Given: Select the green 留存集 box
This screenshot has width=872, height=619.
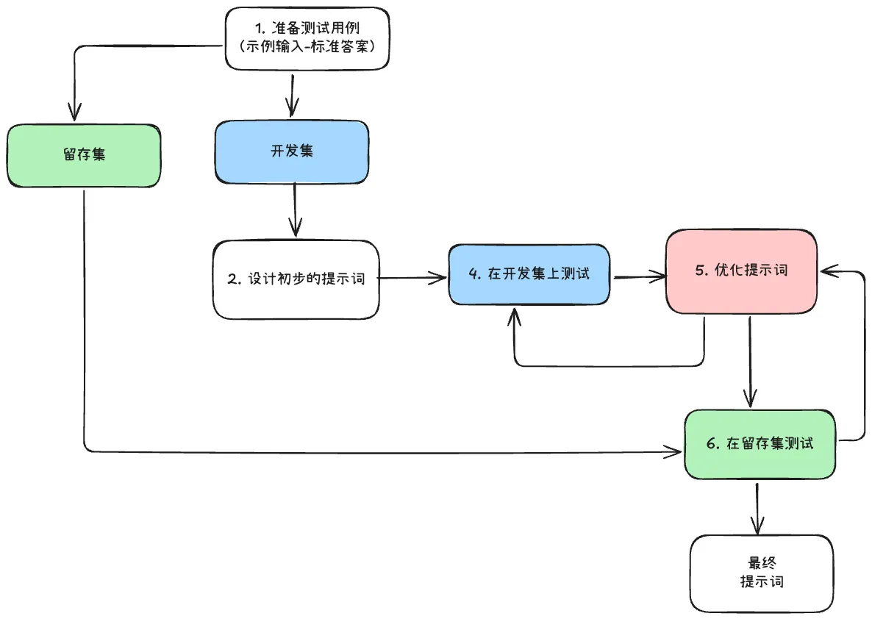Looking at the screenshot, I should tap(83, 155).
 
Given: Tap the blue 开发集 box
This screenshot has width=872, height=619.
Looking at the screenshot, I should tap(292, 151).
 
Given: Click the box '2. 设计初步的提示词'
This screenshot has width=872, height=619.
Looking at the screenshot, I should tap(296, 279).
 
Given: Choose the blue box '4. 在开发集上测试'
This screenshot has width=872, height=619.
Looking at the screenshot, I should tap(529, 273).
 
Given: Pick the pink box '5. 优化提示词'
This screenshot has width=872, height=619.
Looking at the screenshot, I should tap(741, 271).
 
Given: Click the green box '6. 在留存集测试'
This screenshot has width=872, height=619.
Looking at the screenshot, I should tap(760, 444).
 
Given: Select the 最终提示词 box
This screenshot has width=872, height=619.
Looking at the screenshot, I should tap(762, 573).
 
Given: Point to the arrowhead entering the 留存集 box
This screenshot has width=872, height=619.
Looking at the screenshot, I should tap(74, 112).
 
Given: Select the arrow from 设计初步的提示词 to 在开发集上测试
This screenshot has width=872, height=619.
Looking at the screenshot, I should tap(413, 278).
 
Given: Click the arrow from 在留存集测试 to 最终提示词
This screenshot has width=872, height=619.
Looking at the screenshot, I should tap(757, 507).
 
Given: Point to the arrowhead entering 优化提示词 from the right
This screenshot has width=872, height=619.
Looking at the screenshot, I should tap(829, 271).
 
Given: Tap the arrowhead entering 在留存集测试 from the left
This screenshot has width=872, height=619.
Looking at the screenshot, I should tap(674, 451).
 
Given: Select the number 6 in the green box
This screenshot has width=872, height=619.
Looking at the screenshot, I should tap(710, 444).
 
